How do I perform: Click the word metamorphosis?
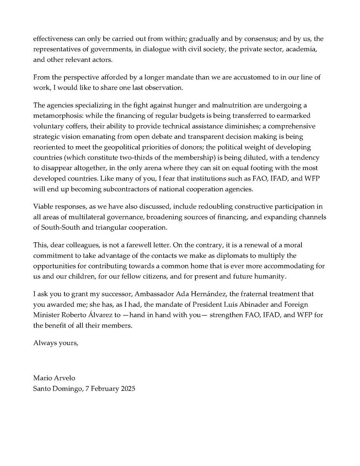tap(52, 116)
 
